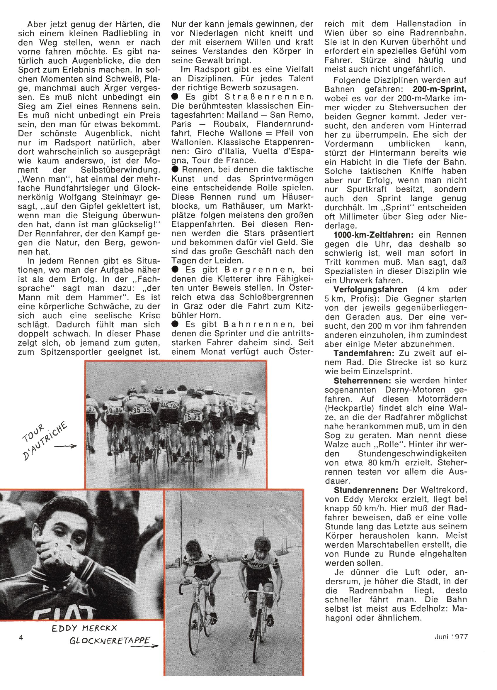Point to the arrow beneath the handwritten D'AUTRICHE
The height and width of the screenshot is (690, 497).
click(x=65, y=446)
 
